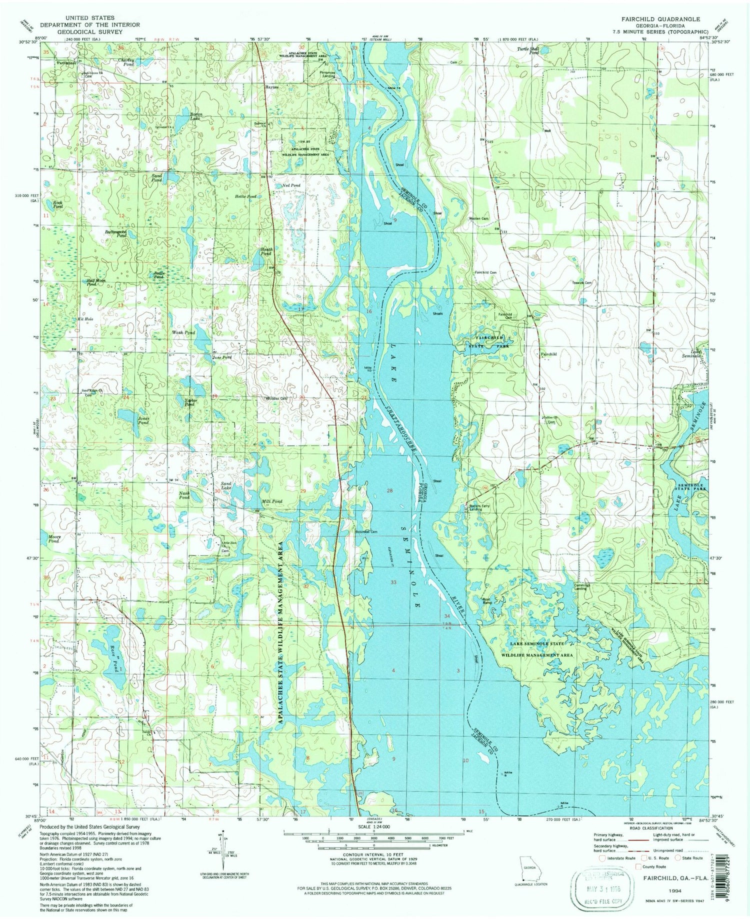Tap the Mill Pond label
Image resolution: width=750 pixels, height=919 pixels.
[x=272, y=501]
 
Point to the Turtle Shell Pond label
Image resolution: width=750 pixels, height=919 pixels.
[x=528, y=50]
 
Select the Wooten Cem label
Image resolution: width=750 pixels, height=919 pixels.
[x=478, y=218]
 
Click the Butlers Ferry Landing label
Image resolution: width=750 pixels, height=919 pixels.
[x=479, y=507]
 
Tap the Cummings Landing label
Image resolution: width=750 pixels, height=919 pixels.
[x=580, y=586]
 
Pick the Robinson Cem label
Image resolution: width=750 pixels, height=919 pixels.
[x=365, y=531]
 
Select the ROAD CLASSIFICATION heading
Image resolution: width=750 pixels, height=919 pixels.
[x=651, y=828]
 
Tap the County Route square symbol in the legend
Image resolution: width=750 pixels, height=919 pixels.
[x=638, y=866]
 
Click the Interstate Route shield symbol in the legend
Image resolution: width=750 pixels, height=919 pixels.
[x=601, y=858]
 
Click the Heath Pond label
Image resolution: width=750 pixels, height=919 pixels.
[x=266, y=251]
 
